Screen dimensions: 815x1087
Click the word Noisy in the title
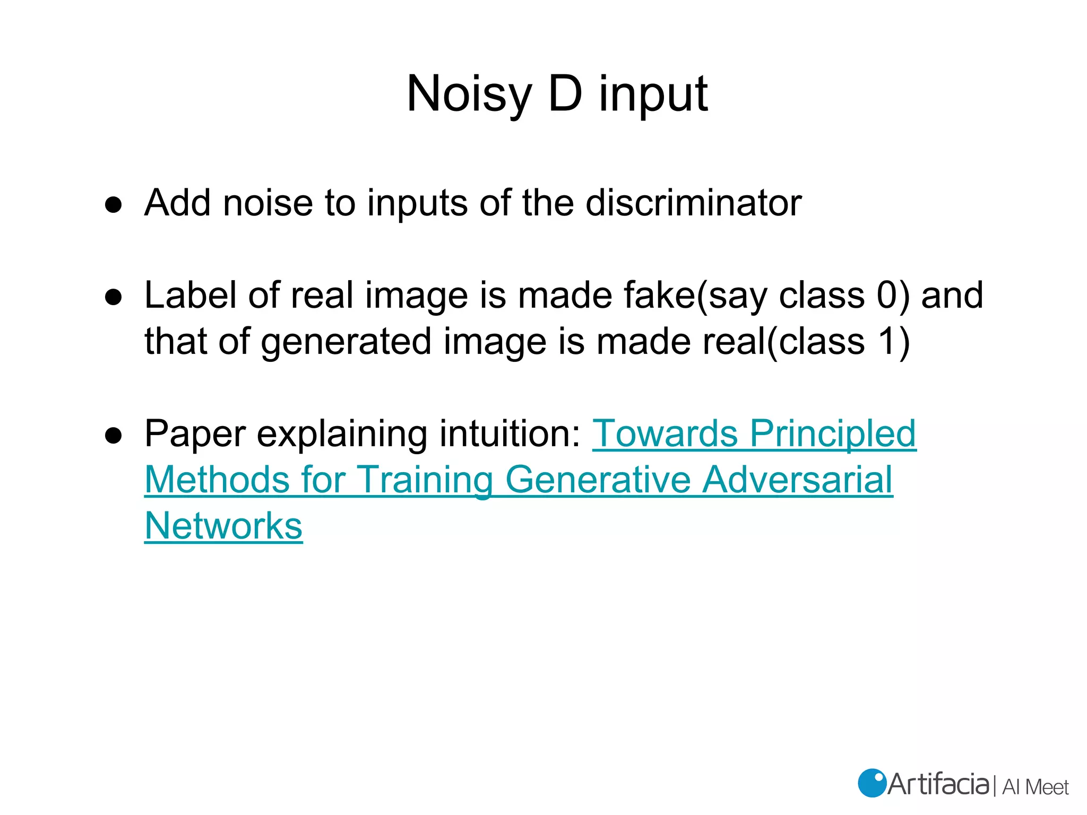pyautogui.click(x=469, y=94)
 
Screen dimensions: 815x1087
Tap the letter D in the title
pyautogui.click(x=565, y=94)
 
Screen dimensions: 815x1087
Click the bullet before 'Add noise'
pyautogui.click(x=114, y=204)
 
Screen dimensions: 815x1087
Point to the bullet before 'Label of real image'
pyautogui.click(x=114, y=297)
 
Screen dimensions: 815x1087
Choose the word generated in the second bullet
pyautogui.click(x=346, y=341)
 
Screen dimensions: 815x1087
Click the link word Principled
pyautogui.click(x=833, y=433)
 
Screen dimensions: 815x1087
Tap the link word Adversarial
pyautogui.click(x=798, y=480)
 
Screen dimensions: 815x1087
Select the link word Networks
pyautogui.click(x=223, y=526)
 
